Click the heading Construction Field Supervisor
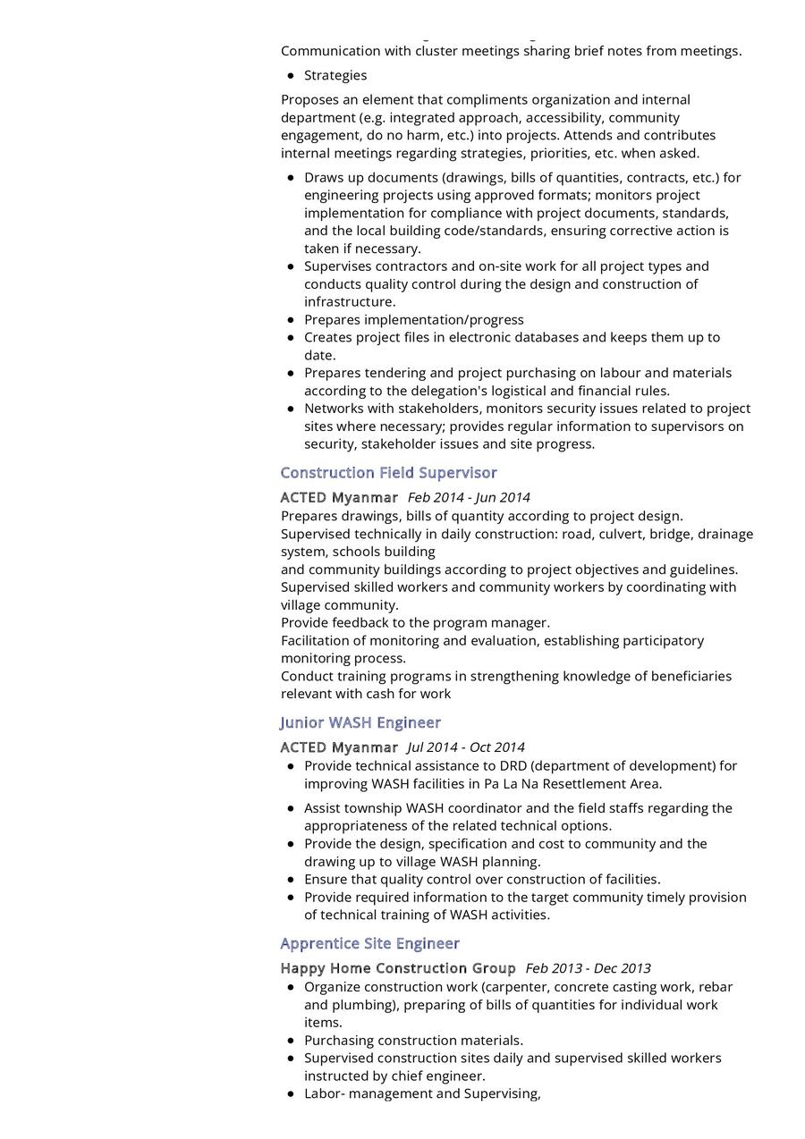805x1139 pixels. tap(388, 472)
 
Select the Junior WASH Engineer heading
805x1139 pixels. tap(360, 722)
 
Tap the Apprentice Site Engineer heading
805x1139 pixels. tap(369, 943)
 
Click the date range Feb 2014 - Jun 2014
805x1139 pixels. tap(469, 497)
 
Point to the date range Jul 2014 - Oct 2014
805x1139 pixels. tap(466, 747)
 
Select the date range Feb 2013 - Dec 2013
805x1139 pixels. tap(588, 968)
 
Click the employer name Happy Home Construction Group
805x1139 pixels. tap(398, 968)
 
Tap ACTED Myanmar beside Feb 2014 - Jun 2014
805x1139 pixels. tap(339, 497)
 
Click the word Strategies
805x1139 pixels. tap(335, 75)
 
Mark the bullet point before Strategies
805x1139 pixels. tap(291, 75)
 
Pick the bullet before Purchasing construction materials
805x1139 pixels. tap(291, 1041)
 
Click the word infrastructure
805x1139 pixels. tap(348, 301)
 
